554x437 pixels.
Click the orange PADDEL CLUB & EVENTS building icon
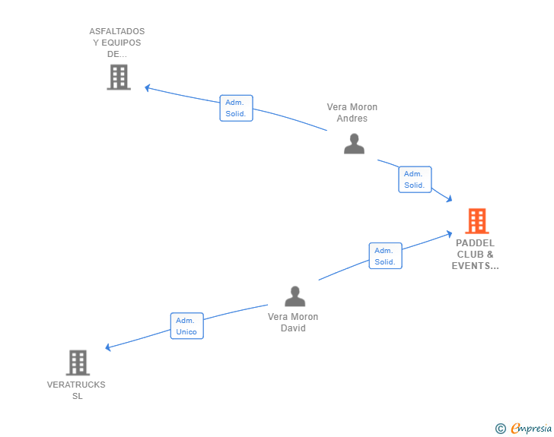click(477, 221)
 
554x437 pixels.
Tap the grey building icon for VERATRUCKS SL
click(78, 363)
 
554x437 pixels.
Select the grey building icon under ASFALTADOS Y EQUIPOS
click(119, 77)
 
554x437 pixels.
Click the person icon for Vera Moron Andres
click(354, 144)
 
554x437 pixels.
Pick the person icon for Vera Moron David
click(295, 296)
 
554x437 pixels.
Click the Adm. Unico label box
click(187, 326)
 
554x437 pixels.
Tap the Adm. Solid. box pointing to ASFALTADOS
click(237, 108)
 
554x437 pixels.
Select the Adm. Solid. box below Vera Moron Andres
click(415, 179)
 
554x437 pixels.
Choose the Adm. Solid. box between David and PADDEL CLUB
click(386, 256)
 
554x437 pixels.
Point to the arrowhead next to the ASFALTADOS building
click(148, 87)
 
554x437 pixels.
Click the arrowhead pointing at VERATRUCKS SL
click(108, 347)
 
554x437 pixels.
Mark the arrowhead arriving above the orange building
click(449, 198)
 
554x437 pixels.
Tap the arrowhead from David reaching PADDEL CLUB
click(450, 233)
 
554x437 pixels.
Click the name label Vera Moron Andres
click(352, 112)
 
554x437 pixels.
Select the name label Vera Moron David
click(293, 322)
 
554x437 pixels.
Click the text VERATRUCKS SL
click(76, 390)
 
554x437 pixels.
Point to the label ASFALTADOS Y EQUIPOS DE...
click(117, 43)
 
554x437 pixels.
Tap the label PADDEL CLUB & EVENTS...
click(475, 254)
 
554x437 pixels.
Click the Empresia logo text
click(531, 429)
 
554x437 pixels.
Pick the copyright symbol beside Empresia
click(500, 429)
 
